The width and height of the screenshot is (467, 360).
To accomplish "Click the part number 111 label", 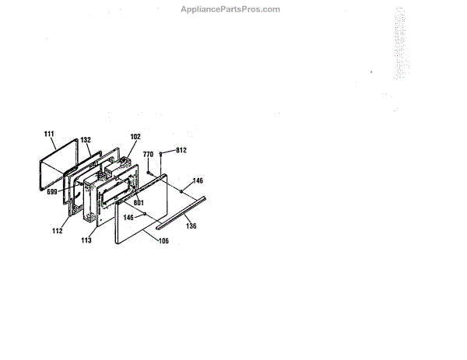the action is pos(49,135).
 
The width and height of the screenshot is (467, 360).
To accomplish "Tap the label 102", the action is pos(135,137).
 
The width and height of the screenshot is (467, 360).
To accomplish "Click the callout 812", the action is pos(180,149).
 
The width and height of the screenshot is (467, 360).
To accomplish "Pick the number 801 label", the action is pos(139,203).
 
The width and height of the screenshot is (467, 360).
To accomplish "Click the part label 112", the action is pos(57,231).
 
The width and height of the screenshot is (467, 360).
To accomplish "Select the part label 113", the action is pos(86,240).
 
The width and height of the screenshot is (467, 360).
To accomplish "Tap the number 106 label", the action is pos(163,241).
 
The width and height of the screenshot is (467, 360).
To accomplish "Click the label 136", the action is pos(191,226).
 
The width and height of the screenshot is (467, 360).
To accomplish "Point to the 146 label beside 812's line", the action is pos(198,180).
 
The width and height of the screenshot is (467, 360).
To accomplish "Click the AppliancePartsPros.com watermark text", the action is pos(230,9).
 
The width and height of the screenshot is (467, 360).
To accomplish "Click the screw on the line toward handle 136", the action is pos(181,190).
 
